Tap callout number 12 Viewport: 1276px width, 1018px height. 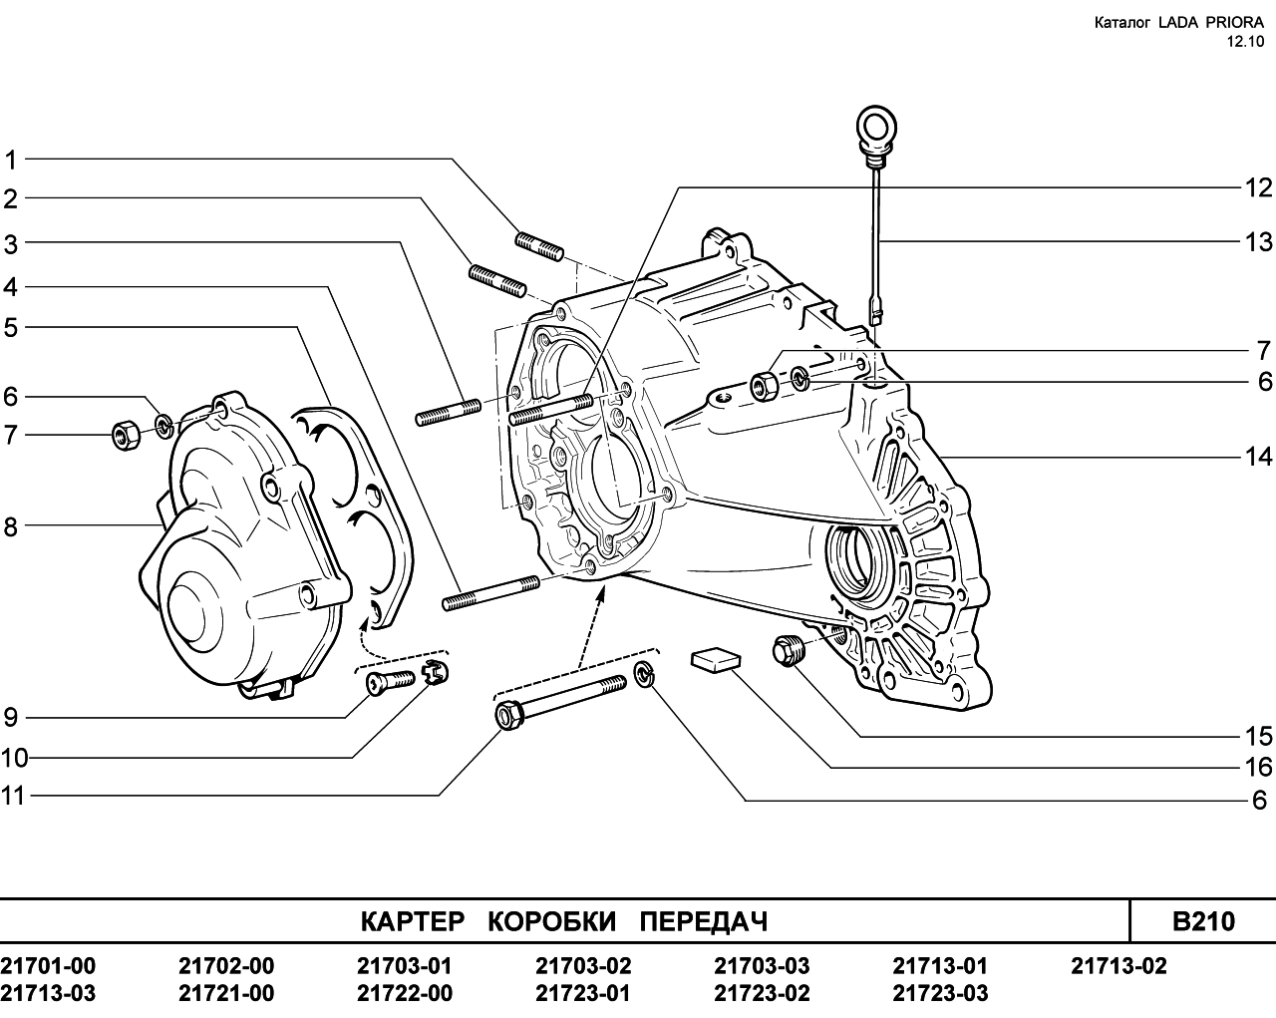click(x=1258, y=188)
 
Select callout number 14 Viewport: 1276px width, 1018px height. click(x=1258, y=457)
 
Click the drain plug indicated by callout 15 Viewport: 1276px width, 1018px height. click(x=788, y=650)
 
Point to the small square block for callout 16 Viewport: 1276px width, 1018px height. click(x=717, y=660)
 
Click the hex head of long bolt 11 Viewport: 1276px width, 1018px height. click(x=509, y=715)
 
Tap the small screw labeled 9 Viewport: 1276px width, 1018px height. click(x=390, y=682)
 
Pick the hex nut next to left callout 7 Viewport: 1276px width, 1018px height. click(x=126, y=435)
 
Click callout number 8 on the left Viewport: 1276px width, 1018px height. click(x=11, y=526)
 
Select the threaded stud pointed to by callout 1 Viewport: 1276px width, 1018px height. click(x=539, y=245)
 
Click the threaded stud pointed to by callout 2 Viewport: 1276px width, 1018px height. click(x=496, y=280)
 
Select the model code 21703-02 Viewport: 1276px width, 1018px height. click(x=583, y=966)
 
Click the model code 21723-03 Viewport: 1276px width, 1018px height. click(x=940, y=993)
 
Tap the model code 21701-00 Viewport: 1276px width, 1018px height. click(x=48, y=966)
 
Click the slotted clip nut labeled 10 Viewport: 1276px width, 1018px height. click(x=435, y=673)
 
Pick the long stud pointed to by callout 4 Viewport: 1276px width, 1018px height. click(x=490, y=592)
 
